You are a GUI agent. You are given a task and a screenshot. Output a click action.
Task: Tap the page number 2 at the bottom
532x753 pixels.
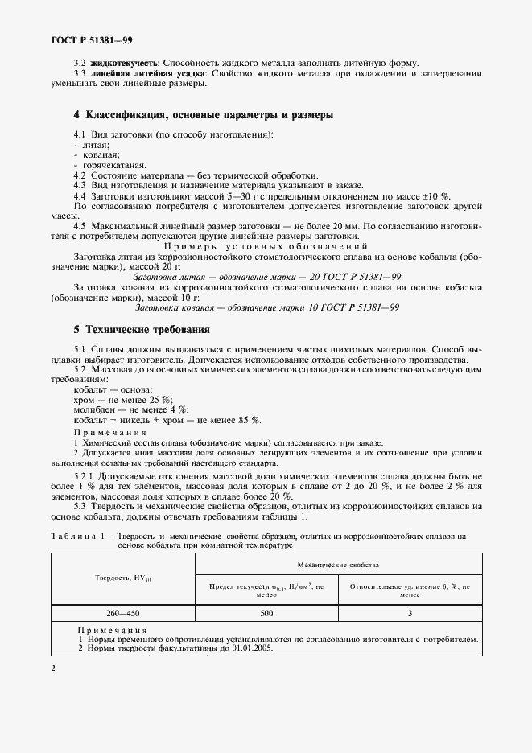pos(52,668)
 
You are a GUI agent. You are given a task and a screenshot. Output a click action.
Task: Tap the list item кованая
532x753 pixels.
pos(97,154)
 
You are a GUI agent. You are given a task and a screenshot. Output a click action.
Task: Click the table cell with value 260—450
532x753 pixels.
pos(123,612)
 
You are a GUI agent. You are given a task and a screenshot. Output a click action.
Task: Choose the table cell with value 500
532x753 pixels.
pos(266,612)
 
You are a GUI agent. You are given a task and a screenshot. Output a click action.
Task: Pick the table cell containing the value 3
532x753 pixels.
pos(409,612)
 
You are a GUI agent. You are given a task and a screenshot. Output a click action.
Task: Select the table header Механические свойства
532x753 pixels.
pos(338,566)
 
